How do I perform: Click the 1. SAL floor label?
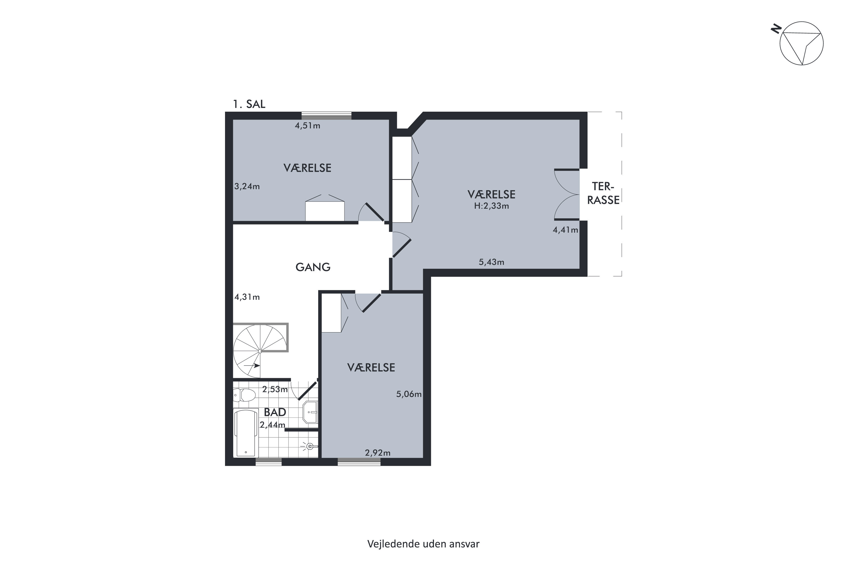pyautogui.click(x=249, y=104)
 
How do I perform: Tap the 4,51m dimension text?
pyautogui.click(x=307, y=125)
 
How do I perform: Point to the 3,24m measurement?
pyautogui.click(x=247, y=186)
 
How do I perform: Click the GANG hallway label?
pyautogui.click(x=313, y=267)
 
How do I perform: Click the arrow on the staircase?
pyautogui.click(x=252, y=366)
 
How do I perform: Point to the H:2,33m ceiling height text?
pyautogui.click(x=491, y=206)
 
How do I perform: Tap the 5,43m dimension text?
pyautogui.click(x=491, y=262)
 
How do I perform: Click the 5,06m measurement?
pyautogui.click(x=409, y=394)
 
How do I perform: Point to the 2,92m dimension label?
pyautogui.click(x=377, y=453)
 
